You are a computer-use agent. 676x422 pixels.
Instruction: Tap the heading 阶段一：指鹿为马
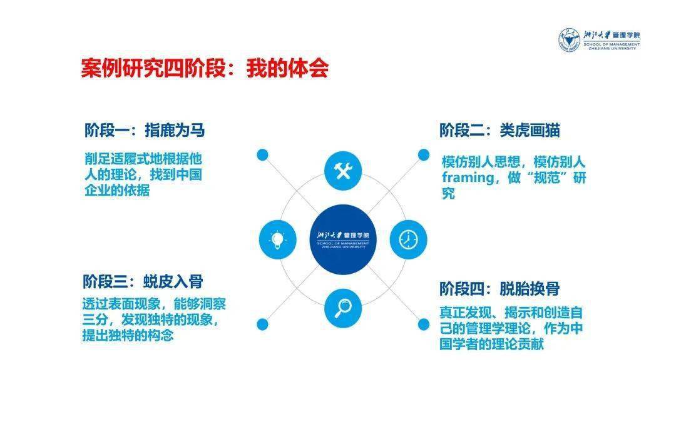pyautogui.click(x=145, y=130)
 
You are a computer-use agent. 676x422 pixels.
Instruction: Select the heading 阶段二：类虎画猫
pyautogui.click(x=499, y=130)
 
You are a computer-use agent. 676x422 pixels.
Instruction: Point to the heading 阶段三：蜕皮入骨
pyautogui.click(x=143, y=281)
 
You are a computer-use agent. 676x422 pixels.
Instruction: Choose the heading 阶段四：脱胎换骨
pyautogui.click(x=499, y=289)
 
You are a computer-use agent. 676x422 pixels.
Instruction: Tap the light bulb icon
pyautogui.click(x=277, y=239)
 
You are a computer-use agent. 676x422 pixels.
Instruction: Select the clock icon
pyautogui.click(x=408, y=239)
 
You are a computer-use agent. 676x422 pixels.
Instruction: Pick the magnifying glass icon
pyautogui.click(x=342, y=307)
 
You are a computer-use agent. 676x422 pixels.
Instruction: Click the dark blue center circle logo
pyautogui.click(x=342, y=239)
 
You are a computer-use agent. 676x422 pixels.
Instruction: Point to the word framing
pyautogui.click(x=467, y=178)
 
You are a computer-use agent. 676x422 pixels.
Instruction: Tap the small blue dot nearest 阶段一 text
pyautogui.click(x=262, y=154)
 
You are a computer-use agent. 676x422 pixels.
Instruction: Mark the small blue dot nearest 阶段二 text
pyautogui.click(x=424, y=154)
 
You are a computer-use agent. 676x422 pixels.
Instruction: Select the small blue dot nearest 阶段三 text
pyautogui.click(x=262, y=324)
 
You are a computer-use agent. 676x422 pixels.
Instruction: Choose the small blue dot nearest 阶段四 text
pyautogui.click(x=424, y=324)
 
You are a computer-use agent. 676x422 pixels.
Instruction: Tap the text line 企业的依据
pyautogui.click(x=117, y=191)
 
